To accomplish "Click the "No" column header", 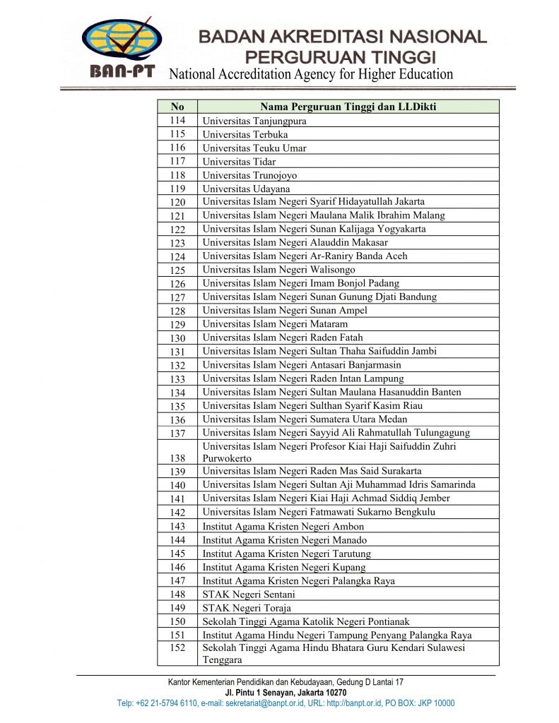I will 177,107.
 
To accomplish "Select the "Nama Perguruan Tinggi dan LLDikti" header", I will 348,107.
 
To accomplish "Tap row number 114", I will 177,121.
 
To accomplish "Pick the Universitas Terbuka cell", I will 245,134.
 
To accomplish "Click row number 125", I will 177,270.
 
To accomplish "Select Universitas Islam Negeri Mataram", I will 275,324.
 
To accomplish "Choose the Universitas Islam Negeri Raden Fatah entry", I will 283,337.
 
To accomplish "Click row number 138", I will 177,458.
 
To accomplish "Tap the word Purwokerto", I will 227,458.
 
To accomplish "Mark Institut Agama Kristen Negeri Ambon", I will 283,527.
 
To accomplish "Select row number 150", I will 177,621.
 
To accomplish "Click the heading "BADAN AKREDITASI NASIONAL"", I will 343,37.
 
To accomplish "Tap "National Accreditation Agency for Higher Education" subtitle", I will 311,74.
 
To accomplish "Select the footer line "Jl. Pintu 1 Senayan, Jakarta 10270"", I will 286,693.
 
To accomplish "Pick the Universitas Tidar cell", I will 239,162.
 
